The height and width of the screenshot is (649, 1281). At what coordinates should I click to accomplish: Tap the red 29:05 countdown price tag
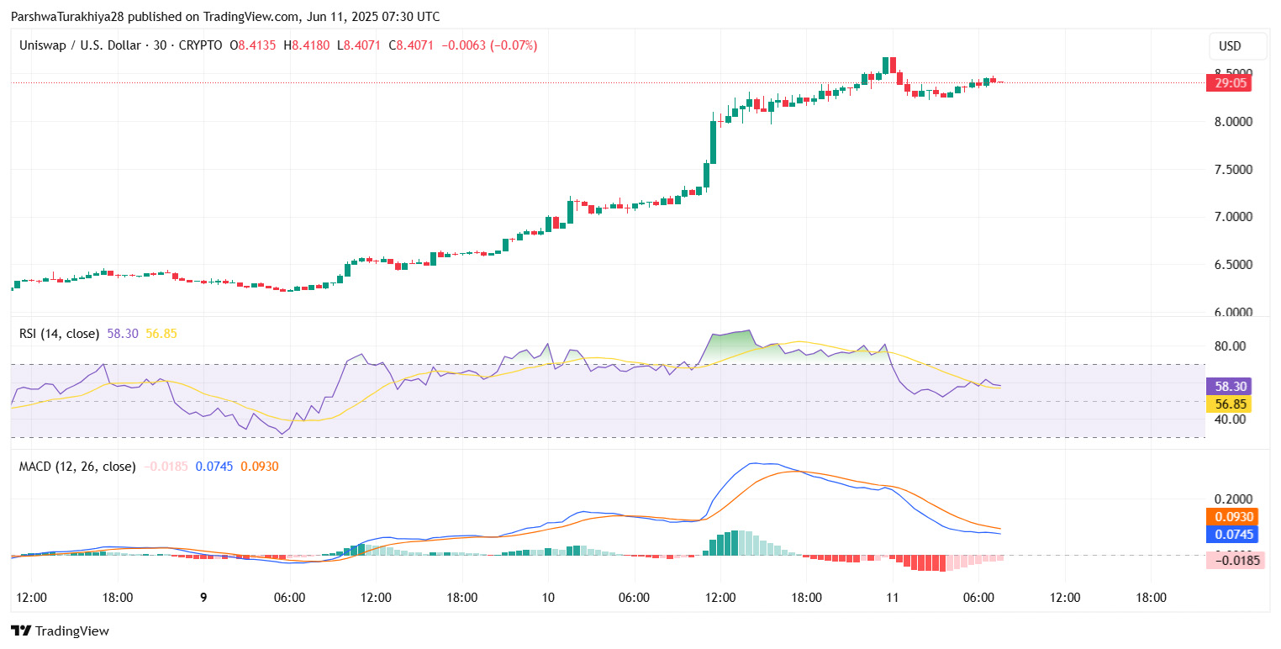tap(1228, 82)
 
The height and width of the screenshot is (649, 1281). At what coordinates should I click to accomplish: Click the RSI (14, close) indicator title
tap(59, 334)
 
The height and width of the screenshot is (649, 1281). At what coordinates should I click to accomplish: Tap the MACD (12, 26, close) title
tap(77, 466)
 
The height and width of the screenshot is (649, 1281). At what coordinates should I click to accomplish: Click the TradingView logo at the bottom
tap(60, 631)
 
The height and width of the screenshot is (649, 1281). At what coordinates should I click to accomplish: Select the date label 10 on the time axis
tap(548, 598)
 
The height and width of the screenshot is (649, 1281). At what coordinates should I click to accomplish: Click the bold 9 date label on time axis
tap(203, 598)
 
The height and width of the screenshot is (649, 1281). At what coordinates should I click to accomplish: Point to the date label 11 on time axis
tap(892, 598)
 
